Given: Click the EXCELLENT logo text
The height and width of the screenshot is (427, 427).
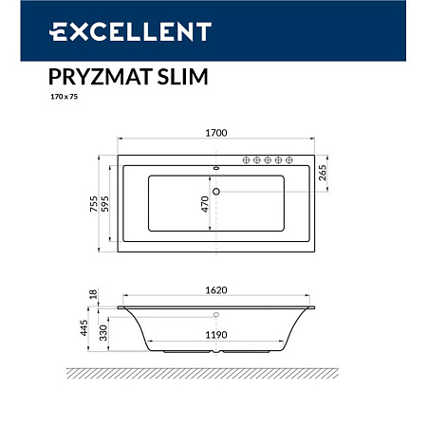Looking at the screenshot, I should [x=129, y=32].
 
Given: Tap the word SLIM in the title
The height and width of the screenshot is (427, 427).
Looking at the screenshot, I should [x=171, y=74].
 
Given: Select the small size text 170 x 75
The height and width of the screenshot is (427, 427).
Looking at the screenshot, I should [x=62, y=97].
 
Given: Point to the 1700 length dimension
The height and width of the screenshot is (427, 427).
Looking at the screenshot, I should [x=215, y=134].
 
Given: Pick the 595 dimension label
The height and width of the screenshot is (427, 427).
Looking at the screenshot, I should [x=94, y=201].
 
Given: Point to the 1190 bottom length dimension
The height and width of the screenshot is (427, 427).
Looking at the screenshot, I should [x=215, y=334].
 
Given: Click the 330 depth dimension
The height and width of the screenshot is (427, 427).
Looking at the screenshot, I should [x=94, y=330].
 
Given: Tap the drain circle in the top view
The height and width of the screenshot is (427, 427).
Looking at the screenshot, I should [x=217, y=193].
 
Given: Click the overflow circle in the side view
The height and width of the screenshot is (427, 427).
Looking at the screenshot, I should [x=217, y=314].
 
